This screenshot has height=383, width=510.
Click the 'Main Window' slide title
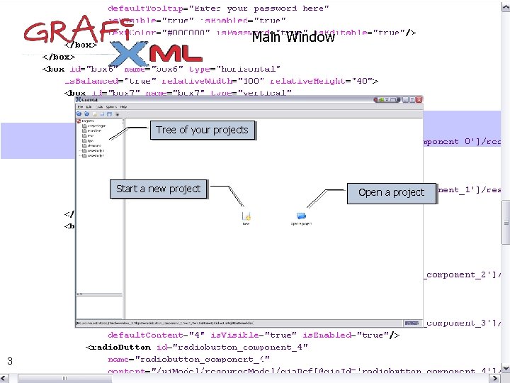[x=293, y=37]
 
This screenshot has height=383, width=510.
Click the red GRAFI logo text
[x=66, y=33]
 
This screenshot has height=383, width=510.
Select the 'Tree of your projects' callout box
[x=202, y=130]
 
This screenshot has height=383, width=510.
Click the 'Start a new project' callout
[x=158, y=189]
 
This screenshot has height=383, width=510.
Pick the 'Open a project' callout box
[x=391, y=192]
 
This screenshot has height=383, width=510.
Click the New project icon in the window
[x=246, y=216]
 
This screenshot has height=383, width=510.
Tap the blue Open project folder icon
[x=301, y=216]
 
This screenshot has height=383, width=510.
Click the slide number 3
[x=10, y=362]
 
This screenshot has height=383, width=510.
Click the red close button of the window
[x=419, y=101]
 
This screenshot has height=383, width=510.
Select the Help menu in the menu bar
[x=123, y=106]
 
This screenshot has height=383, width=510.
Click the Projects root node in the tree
[x=88, y=121]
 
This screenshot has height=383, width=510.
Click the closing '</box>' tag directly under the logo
[x=80, y=45]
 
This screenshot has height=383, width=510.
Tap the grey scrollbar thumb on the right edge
[x=506, y=222]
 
